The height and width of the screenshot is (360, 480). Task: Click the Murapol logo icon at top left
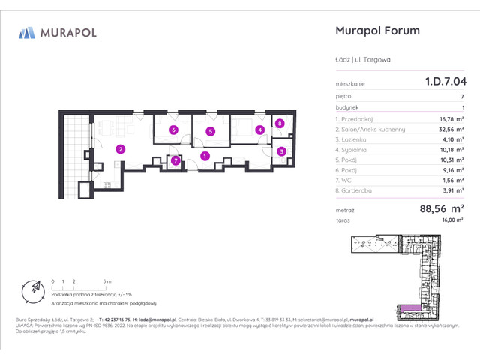(28, 32)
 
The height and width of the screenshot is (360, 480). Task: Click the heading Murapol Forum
(375, 31)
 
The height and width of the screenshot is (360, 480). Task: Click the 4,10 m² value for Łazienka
(451, 139)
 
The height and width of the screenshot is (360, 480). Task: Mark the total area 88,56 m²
(442, 209)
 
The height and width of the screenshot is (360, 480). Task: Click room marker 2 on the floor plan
(119, 148)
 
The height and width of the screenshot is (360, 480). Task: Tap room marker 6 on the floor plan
(172, 130)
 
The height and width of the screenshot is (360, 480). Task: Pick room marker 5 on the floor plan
(211, 131)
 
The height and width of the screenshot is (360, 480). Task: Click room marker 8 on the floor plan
(279, 124)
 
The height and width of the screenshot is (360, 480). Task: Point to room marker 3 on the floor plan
(281, 151)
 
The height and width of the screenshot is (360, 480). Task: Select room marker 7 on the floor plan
(175, 160)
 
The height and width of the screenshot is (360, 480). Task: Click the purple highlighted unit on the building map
(410, 308)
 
